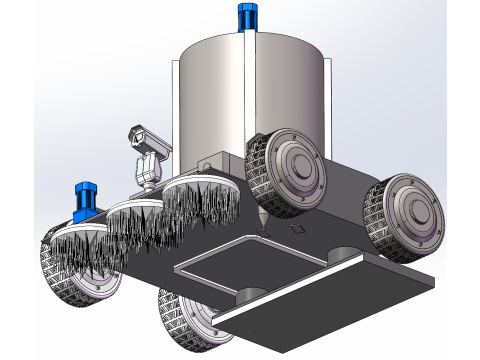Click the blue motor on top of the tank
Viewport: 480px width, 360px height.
(x=245, y=17)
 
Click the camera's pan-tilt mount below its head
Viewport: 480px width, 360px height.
(x=148, y=169)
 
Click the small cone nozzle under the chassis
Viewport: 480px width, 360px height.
(x=263, y=222)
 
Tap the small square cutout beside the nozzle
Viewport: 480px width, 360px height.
(x=297, y=231)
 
